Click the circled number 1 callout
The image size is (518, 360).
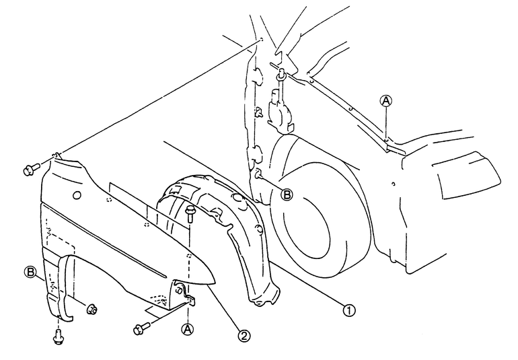tap(349, 310)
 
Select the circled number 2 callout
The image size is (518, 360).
tap(244, 336)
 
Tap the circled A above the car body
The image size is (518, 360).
tap(386, 101)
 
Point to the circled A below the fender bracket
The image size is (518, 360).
tap(187, 329)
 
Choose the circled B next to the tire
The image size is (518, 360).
tap(287, 194)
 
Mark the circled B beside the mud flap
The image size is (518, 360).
tap(30, 272)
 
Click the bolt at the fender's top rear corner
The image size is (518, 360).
tap(32, 169)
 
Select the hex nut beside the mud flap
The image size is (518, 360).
tap(91, 310)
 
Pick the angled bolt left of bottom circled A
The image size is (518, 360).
tap(142, 328)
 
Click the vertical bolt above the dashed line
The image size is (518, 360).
tap(190, 213)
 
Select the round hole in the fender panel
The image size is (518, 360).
tap(76, 195)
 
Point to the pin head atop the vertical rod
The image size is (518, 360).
tap(281, 71)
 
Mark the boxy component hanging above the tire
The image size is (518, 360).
tap(280, 111)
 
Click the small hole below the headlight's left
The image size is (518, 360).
tap(393, 184)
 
